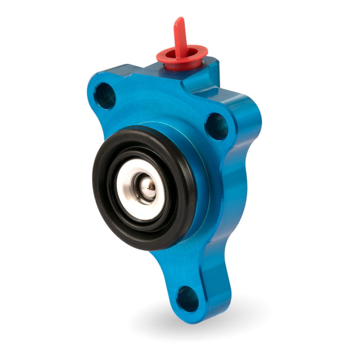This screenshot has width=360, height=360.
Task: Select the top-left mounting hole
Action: pyautogui.click(x=105, y=96)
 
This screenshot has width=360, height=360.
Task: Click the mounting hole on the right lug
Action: pyautogui.click(x=217, y=125)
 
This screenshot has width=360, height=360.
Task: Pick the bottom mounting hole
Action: pyautogui.click(x=187, y=298)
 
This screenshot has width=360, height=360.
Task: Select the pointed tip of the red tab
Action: pyautogui.click(x=178, y=20)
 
